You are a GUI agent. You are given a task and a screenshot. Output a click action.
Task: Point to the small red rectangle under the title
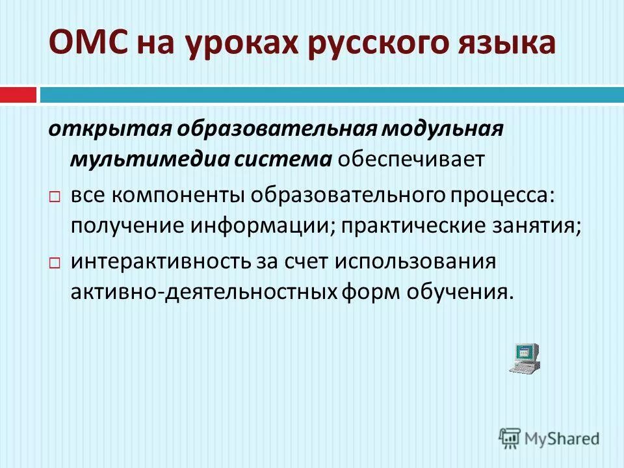point(18,95)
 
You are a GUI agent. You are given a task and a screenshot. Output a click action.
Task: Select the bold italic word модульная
point(441,129)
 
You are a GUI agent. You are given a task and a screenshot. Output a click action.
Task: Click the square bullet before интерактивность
point(55,263)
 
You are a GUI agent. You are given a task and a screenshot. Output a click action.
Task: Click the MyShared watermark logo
point(549,437)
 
